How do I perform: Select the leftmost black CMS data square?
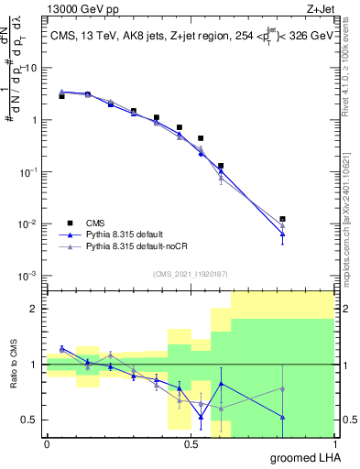point(61,96)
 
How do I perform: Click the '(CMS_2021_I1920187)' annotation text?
point(190,272)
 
